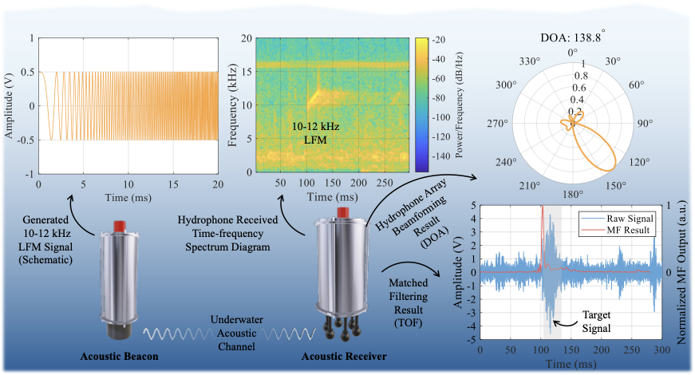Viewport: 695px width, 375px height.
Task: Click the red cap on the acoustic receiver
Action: [343, 211]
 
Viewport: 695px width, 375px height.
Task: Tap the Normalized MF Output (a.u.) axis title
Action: [685, 271]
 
